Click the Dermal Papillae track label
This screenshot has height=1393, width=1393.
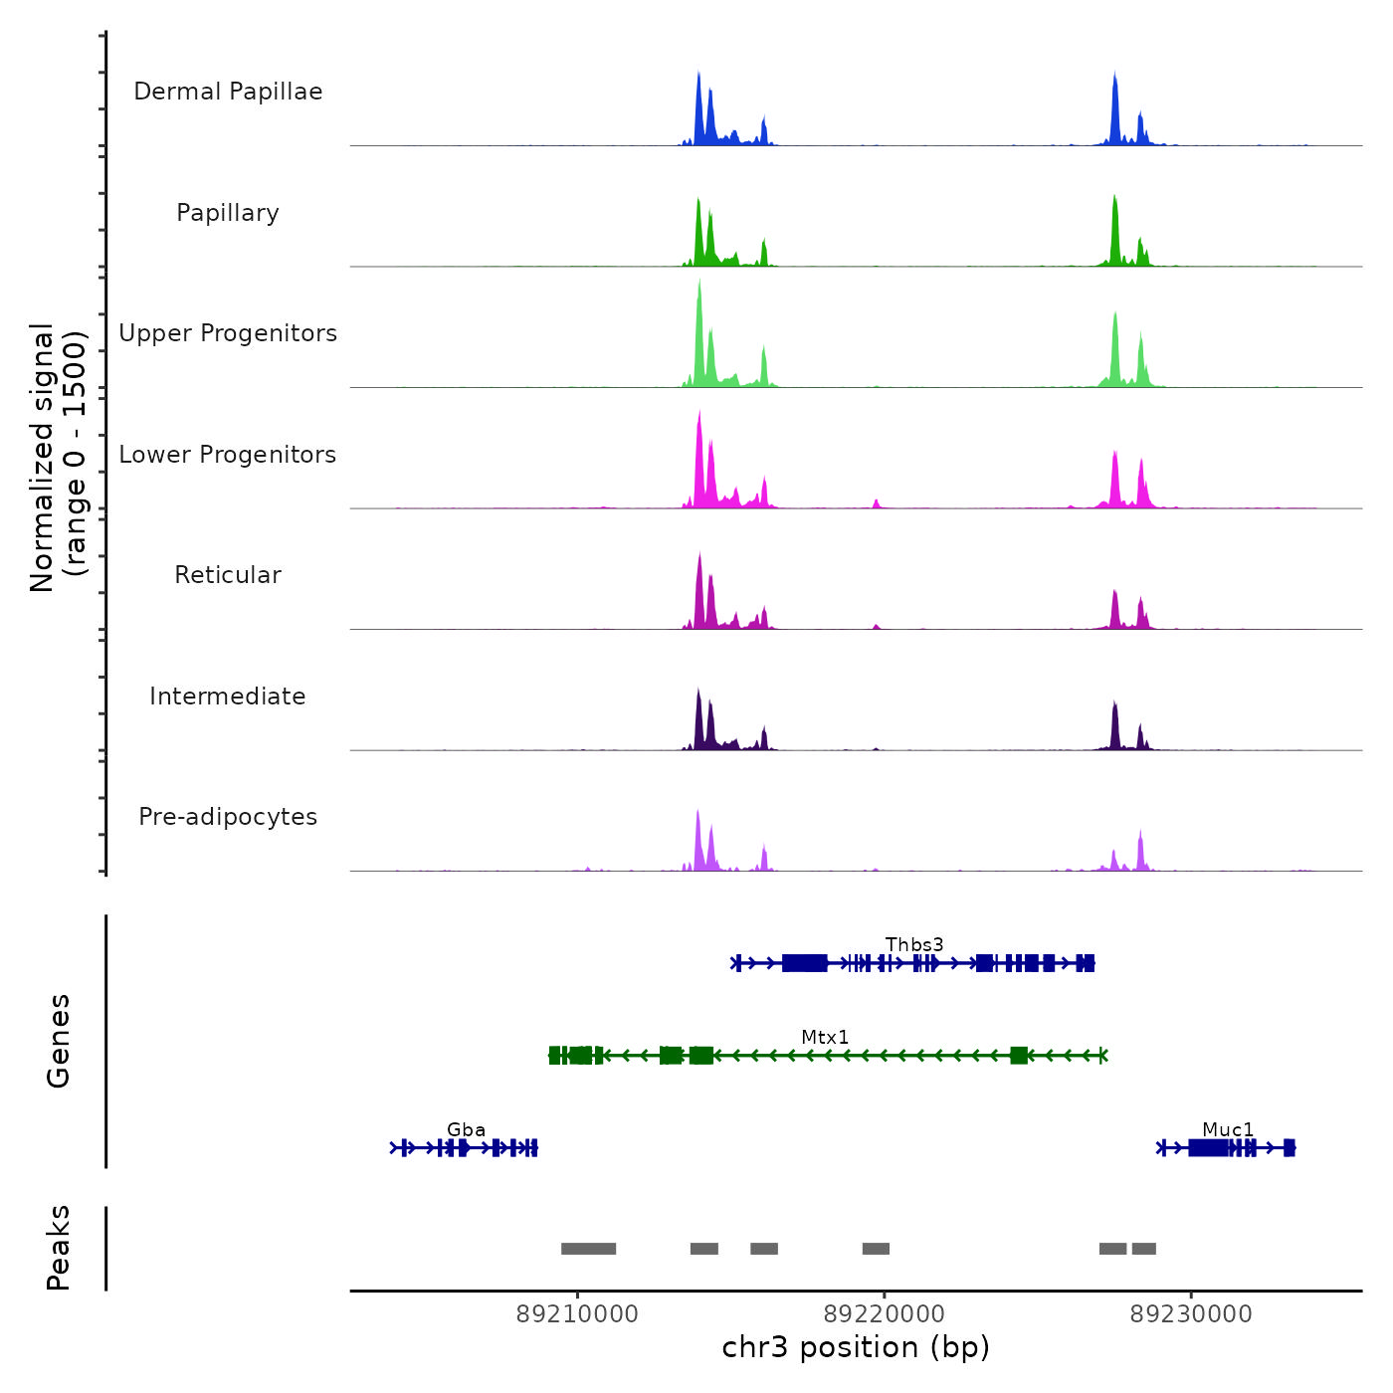(228, 92)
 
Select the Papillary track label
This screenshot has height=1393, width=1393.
(228, 213)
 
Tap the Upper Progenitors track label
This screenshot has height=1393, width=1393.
(228, 333)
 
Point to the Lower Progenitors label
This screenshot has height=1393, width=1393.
(228, 455)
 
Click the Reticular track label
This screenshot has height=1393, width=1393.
(228, 575)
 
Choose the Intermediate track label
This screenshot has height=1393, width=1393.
(228, 696)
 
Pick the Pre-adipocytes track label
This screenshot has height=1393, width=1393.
(228, 817)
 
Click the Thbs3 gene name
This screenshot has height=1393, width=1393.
(914, 944)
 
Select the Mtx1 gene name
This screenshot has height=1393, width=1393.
(825, 1037)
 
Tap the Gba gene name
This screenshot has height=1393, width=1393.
(466, 1129)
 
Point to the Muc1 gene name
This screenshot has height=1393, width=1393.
(1228, 1129)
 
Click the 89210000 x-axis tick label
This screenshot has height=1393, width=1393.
(577, 1313)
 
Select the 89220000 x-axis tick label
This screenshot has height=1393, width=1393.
(885, 1313)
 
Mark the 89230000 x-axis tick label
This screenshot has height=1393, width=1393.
(1191, 1313)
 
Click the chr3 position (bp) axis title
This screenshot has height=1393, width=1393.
(856, 1347)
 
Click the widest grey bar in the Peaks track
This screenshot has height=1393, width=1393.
(588, 1249)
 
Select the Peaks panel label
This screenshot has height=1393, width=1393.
(59, 1248)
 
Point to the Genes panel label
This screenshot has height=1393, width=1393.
(59, 1041)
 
